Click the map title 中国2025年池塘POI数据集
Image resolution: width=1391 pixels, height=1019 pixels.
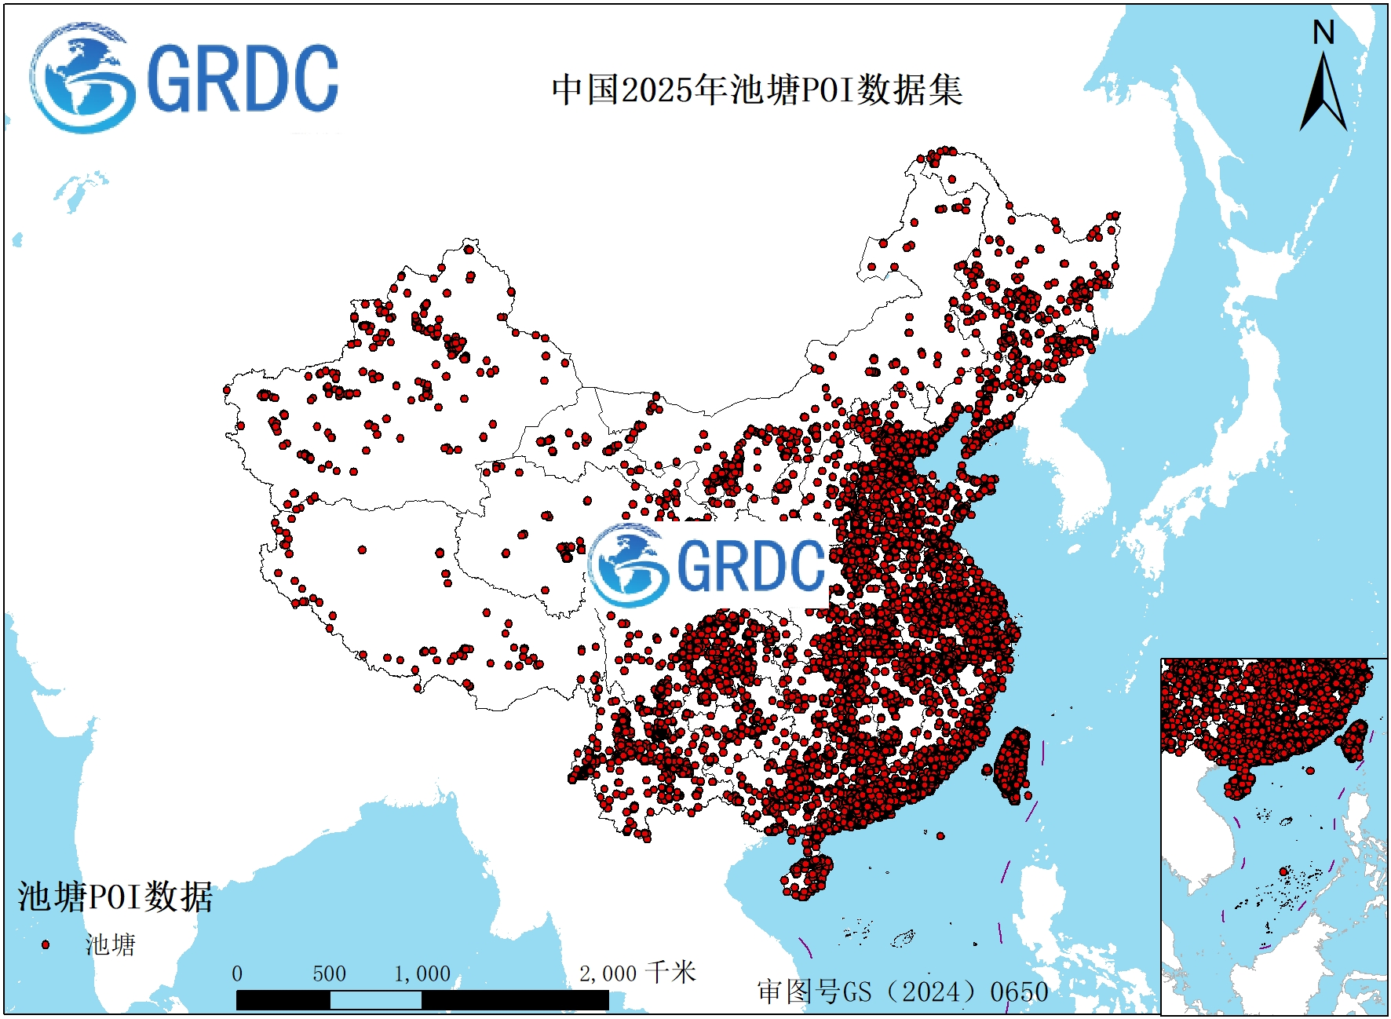tap(757, 89)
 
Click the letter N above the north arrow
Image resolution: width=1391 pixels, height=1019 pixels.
tap(1323, 33)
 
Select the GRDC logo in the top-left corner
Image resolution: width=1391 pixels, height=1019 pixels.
tap(185, 79)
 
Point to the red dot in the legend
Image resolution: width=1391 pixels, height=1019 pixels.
tap(46, 944)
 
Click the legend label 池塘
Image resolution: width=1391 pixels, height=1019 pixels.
tap(111, 944)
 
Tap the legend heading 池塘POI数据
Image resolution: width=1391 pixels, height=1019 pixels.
tap(115, 897)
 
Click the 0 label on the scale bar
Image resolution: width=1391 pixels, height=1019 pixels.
tap(237, 974)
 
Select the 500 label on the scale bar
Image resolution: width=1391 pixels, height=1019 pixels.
tap(329, 974)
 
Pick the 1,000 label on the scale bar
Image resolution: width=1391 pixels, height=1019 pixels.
tap(422, 974)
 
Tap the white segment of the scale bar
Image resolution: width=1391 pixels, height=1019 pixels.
tap(375, 1000)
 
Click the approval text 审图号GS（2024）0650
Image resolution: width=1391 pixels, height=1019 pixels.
tap(903, 992)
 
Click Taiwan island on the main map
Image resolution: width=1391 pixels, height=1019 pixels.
tap(1013, 765)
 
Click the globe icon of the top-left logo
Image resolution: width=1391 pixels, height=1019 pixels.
tap(80, 79)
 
